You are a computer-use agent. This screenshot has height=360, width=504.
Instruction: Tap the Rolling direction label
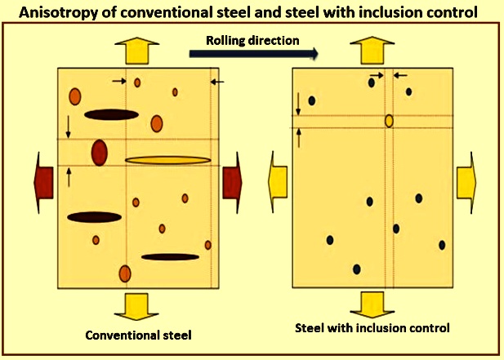(x=252, y=41)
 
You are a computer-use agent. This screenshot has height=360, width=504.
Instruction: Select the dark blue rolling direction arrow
(x=253, y=54)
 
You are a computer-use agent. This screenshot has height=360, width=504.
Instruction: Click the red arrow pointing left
(x=43, y=182)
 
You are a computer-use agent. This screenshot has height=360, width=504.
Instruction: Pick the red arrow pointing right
(x=232, y=182)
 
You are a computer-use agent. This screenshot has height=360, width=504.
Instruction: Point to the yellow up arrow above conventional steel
(x=137, y=51)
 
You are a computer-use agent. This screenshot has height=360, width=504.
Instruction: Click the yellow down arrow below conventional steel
(x=136, y=307)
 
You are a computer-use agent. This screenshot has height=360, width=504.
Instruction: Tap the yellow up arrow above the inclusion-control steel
(x=372, y=50)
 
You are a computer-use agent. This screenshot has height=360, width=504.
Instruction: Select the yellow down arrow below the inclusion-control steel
(x=372, y=304)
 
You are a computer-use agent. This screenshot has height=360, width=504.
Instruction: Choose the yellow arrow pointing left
(x=278, y=182)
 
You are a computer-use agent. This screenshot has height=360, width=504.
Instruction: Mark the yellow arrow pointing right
(x=466, y=182)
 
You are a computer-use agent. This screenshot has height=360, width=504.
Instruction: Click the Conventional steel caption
(x=139, y=336)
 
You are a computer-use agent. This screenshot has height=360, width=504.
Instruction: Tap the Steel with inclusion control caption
(x=372, y=328)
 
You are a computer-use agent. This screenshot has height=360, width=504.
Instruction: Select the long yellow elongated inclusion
(x=168, y=160)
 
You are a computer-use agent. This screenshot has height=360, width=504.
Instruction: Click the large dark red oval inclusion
(x=100, y=153)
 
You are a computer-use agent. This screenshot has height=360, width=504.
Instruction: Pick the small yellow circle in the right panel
(x=389, y=121)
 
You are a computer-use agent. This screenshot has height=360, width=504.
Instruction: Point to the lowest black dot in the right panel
(x=356, y=269)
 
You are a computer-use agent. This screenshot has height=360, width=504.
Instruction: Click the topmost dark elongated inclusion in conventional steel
(x=112, y=114)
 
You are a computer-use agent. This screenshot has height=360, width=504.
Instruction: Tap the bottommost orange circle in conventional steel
(x=125, y=273)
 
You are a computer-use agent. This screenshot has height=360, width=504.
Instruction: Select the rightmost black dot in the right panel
(x=442, y=245)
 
